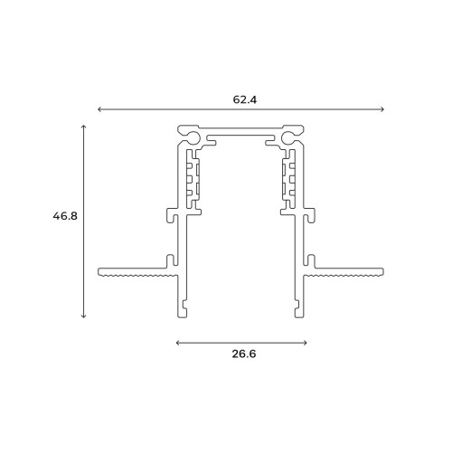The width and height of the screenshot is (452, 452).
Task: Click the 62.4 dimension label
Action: click(245, 99)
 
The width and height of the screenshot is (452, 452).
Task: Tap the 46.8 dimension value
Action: click(65, 216)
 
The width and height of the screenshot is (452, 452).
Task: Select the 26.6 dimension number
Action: click(244, 353)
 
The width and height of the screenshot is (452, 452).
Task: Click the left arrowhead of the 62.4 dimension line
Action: click(100, 109)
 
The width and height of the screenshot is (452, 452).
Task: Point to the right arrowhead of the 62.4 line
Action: click(382, 109)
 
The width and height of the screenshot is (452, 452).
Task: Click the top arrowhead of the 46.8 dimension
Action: click(84, 127)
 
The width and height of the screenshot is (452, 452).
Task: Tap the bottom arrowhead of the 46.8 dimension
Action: click(84, 315)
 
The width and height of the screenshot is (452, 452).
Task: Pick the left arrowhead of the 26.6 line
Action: click(178, 343)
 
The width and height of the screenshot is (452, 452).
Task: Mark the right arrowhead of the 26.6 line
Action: click(305, 343)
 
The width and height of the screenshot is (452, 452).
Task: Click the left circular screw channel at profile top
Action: click(193, 137)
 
